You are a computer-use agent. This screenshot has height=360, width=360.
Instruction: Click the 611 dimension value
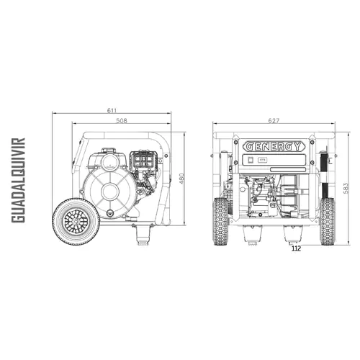pyautogui.click(x=112, y=110)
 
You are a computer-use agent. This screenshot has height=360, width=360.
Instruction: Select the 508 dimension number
pyautogui.click(x=122, y=120)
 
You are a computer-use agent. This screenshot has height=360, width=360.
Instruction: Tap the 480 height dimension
pyautogui.click(x=181, y=179)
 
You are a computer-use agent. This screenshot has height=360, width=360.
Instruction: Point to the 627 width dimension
pyautogui.click(x=274, y=120)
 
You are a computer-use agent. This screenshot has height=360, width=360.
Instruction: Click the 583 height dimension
pyautogui.click(x=346, y=189)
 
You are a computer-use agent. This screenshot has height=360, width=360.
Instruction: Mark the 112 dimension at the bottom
pyautogui.click(x=296, y=248)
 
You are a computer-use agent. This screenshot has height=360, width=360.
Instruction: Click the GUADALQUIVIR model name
pyautogui.click(x=18, y=180)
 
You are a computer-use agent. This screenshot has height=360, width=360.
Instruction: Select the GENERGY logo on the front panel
pyautogui.click(x=274, y=146)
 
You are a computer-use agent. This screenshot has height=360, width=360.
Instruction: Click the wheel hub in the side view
pyautogui.click(x=76, y=221)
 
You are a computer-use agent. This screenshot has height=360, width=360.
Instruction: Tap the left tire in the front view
pyautogui.click(x=220, y=221)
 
